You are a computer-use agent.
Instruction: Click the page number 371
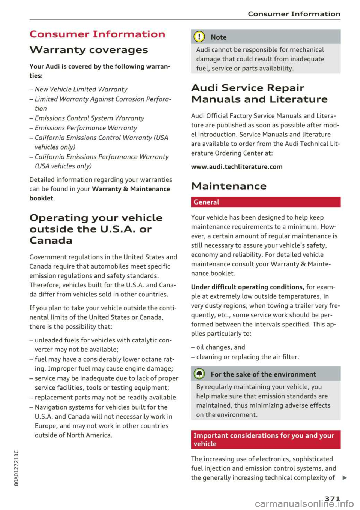click(x=332, y=498)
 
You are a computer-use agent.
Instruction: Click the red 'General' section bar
click(x=265, y=202)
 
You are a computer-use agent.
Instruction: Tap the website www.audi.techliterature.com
click(x=237, y=167)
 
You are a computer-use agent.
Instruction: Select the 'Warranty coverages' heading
click(x=88, y=50)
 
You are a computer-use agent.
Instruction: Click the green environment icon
click(x=199, y=374)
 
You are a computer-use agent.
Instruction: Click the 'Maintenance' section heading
click(x=229, y=186)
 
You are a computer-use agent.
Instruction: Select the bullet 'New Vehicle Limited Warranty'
click(x=81, y=89)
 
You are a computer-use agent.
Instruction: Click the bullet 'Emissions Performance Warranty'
click(x=85, y=128)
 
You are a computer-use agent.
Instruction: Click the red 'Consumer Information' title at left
click(x=97, y=34)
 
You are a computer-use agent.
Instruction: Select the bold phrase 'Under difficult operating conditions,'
click(x=247, y=287)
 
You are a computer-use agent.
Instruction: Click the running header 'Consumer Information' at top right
click(x=294, y=14)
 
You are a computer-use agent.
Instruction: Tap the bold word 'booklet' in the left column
click(x=41, y=198)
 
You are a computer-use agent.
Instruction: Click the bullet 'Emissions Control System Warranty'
click(x=89, y=118)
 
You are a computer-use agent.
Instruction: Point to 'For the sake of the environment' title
click(x=263, y=374)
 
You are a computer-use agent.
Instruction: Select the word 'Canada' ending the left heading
click(x=51, y=240)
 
